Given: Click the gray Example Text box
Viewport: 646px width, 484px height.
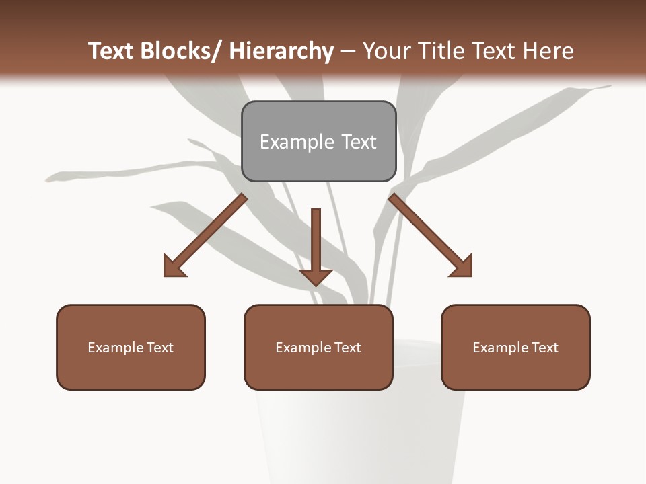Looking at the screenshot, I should pyautogui.click(x=318, y=141).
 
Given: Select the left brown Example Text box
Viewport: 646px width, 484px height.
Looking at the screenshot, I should pyautogui.click(x=131, y=347).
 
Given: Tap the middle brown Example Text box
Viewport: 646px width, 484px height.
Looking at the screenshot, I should pyautogui.click(x=318, y=347).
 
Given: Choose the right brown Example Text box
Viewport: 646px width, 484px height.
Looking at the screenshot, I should pyautogui.click(x=515, y=347).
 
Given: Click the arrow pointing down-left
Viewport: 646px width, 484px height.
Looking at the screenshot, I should pyautogui.click(x=206, y=235).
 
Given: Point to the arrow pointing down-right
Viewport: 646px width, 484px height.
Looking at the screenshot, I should pyautogui.click(x=430, y=235).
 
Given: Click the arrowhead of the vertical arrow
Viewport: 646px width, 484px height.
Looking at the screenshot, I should pyautogui.click(x=316, y=277).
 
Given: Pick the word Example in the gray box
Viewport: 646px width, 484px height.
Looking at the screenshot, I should pyautogui.click(x=296, y=142).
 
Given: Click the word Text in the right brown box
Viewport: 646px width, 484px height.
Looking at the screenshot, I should pyautogui.click(x=544, y=347).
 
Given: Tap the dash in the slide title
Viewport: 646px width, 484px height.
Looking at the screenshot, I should pyautogui.click(x=348, y=51).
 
